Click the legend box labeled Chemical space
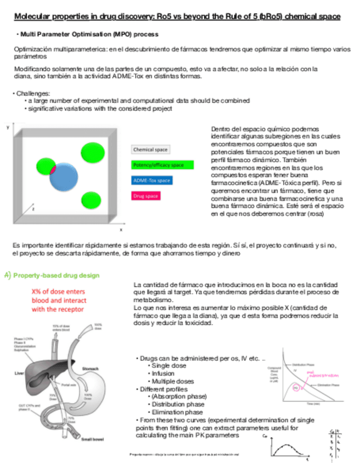tap(150, 149)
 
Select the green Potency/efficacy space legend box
tap(162, 165)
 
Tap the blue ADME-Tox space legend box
tap(152, 180)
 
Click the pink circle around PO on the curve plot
tap(297, 387)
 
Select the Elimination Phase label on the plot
tap(329, 385)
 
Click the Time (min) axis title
tap(313, 404)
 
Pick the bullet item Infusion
tap(163, 373)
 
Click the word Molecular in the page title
tap(32, 17)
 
